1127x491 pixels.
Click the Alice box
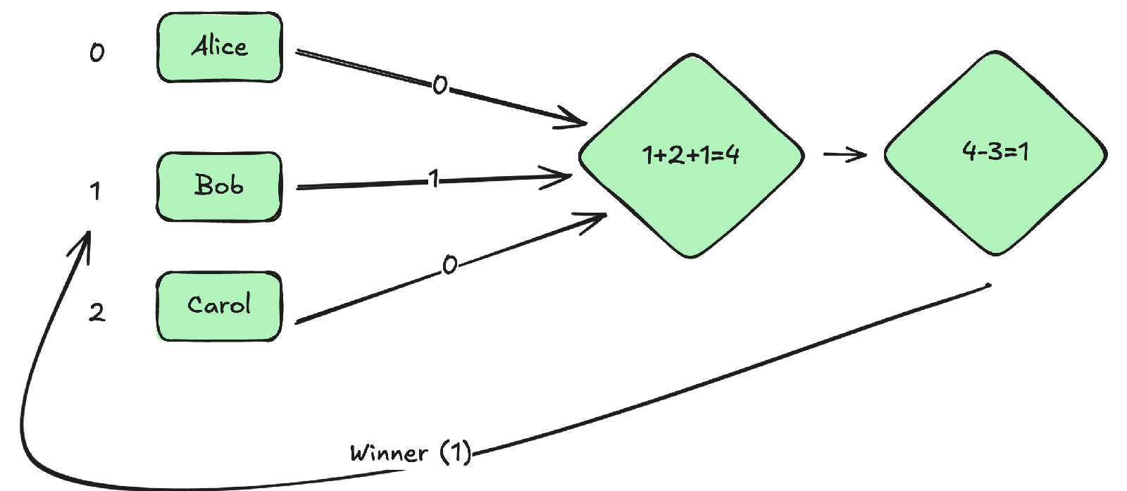click(219, 47)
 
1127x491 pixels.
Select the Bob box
click(219, 186)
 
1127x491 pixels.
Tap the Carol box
click(219, 306)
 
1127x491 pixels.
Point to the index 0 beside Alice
click(97, 51)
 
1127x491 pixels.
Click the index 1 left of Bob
click(95, 190)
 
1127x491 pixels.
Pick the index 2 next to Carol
click(97, 311)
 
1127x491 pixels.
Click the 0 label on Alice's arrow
click(440, 85)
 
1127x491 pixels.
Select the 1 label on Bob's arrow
click(434, 180)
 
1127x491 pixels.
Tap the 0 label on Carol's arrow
click(449, 265)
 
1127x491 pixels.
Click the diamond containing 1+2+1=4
click(691, 155)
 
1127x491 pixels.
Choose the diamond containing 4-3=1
click(995, 152)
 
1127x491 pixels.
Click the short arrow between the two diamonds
click(845, 154)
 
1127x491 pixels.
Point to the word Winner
click(389, 452)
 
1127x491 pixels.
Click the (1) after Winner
click(455, 452)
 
